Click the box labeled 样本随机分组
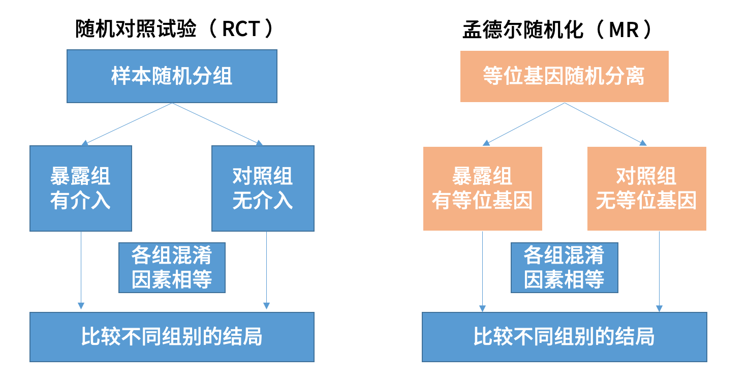point(172,76)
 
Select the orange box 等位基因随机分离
point(564,76)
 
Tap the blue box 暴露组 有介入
point(81,188)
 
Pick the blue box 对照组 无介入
point(263,188)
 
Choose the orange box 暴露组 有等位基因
point(482,188)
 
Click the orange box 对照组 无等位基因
point(646,188)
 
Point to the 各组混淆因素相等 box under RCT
point(172,267)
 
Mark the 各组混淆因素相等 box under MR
point(564,267)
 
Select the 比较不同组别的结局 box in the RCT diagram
point(172,337)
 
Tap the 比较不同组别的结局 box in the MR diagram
point(564,337)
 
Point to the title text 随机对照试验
point(136,29)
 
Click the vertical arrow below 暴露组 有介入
point(80,269)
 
